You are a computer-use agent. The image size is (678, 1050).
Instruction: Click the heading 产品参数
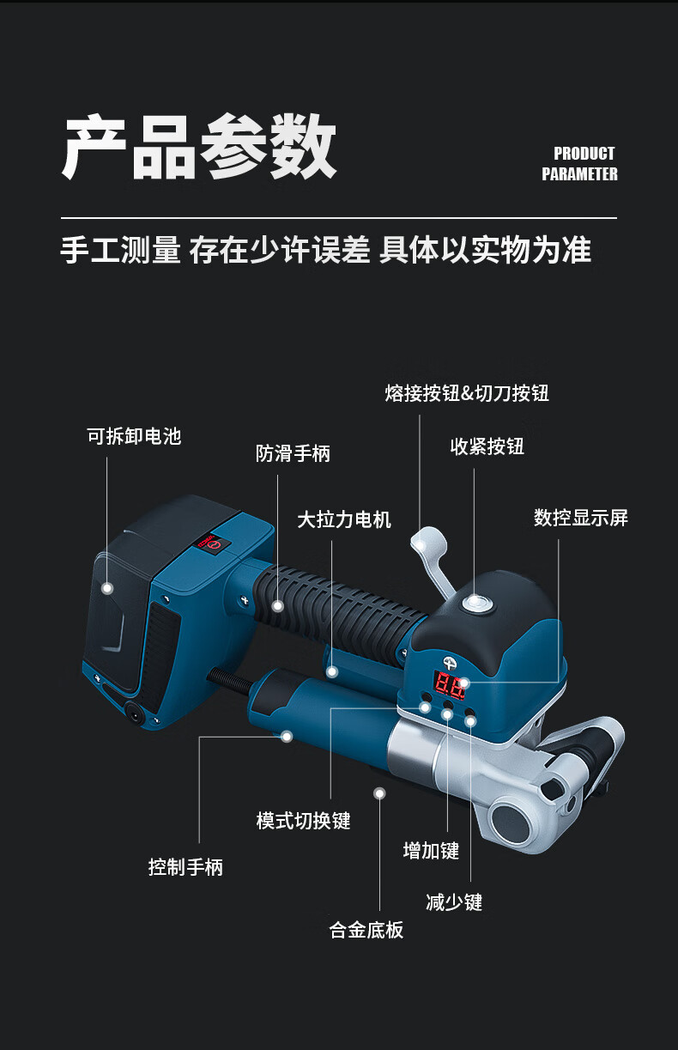(198, 148)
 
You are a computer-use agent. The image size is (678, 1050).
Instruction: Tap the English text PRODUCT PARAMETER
(579, 164)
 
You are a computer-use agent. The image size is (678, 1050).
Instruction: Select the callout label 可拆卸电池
(134, 436)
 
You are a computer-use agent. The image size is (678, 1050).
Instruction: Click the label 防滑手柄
(293, 453)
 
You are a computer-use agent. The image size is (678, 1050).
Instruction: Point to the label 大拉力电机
(344, 519)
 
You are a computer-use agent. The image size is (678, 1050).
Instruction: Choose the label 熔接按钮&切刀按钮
(467, 393)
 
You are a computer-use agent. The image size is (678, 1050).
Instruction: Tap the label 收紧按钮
(487, 446)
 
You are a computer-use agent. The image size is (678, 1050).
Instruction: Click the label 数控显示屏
(581, 518)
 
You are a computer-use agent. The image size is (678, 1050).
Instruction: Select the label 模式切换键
(304, 821)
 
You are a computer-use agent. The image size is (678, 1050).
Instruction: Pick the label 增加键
(431, 851)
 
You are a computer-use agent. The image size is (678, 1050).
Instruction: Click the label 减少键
(454, 902)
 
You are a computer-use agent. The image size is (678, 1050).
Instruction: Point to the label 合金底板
(366, 930)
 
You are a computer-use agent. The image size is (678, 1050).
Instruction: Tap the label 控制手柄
(185, 867)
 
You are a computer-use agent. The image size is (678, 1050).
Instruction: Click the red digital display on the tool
(451, 684)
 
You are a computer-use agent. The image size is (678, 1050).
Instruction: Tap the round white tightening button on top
(475, 604)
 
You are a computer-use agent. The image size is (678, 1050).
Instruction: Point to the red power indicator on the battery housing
(209, 543)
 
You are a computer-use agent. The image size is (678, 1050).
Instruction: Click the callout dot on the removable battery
(107, 588)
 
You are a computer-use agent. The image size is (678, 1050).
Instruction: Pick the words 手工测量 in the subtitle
(120, 251)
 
